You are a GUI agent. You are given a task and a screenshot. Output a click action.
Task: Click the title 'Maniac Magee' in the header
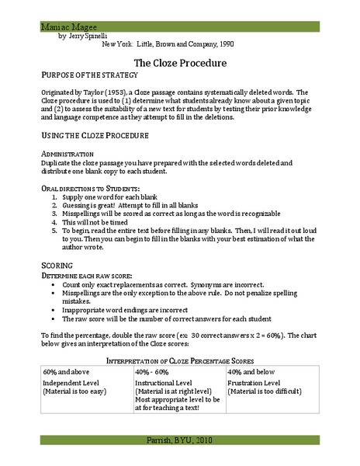(x=64, y=26)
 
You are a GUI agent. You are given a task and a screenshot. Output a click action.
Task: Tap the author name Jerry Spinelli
(x=89, y=37)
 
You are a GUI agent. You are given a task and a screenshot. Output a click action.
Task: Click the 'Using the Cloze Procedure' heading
(x=95, y=135)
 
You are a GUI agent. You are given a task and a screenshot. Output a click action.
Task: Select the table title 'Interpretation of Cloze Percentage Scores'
(x=180, y=360)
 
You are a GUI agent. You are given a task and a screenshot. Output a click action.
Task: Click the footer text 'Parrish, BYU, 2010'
(x=180, y=441)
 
